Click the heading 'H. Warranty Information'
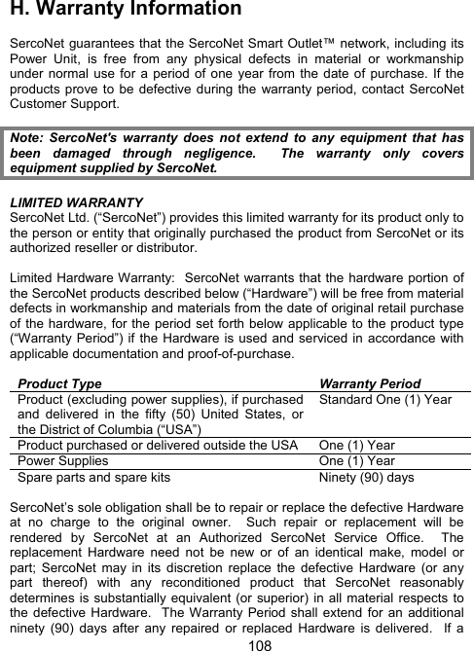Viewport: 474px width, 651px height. point(125,11)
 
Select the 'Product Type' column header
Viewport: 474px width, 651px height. point(59,384)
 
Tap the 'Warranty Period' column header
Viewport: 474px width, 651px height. point(370,384)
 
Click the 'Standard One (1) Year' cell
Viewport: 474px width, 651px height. point(384,400)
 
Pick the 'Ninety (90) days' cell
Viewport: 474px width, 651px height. point(366,478)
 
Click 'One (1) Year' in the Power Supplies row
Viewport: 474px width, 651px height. point(358,461)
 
